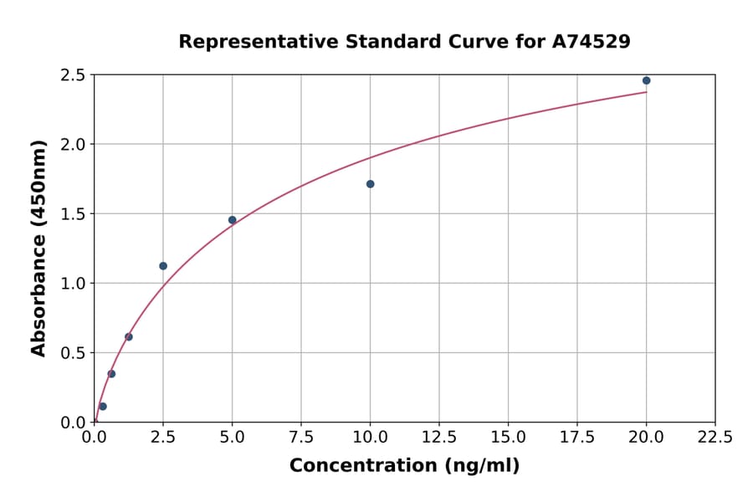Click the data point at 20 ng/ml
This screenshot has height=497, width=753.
(646, 80)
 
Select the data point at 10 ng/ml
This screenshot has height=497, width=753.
(370, 184)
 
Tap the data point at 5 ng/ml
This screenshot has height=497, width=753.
(233, 220)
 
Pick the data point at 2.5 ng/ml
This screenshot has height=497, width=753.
(163, 266)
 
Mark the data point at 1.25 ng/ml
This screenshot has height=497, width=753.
(129, 337)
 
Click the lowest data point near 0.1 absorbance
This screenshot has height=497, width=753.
(103, 407)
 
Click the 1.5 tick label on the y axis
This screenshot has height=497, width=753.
(73, 214)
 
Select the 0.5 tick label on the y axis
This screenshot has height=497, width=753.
(73, 353)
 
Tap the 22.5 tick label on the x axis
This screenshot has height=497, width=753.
(715, 438)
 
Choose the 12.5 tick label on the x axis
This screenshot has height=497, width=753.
(439, 438)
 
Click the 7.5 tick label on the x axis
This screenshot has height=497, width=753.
(301, 438)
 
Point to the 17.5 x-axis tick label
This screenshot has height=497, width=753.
(577, 438)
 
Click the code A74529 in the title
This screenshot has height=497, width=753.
(592, 41)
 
